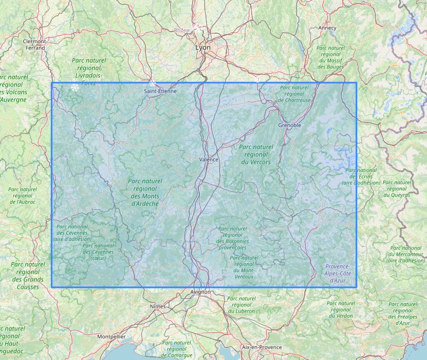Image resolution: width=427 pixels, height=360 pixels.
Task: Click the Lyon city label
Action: (x=203, y=47)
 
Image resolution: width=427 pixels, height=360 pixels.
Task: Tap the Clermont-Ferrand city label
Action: (x=35, y=44)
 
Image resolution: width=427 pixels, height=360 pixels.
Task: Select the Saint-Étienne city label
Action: (x=161, y=91)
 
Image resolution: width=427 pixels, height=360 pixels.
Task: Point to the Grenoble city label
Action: (x=290, y=125)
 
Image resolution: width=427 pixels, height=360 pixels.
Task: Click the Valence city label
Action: (x=209, y=159)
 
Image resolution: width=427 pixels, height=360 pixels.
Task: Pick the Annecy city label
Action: (x=327, y=28)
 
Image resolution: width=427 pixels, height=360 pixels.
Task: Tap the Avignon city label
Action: (x=201, y=292)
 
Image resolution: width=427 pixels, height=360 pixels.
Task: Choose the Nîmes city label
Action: (x=157, y=306)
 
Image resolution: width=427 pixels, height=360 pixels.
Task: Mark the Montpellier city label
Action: (x=111, y=336)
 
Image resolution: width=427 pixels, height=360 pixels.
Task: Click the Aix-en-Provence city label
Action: (x=262, y=347)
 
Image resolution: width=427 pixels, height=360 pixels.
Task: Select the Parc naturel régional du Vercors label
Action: (x=256, y=155)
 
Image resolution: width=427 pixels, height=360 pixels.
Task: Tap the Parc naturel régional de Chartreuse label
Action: (x=294, y=94)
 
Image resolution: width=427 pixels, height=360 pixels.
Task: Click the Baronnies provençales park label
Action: (x=232, y=238)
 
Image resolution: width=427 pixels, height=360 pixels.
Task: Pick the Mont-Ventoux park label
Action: (x=244, y=267)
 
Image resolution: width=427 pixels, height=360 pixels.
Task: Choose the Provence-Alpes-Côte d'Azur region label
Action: (x=337, y=274)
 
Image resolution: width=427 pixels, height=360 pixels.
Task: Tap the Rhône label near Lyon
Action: (x=182, y=30)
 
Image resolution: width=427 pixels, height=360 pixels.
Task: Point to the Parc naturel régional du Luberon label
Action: (x=241, y=305)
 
